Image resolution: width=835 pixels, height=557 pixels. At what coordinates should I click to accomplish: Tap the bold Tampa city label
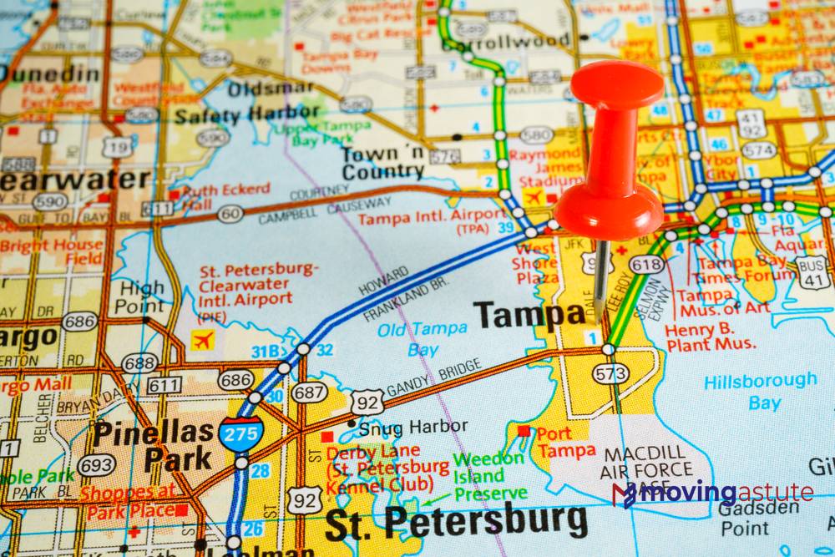(530, 315)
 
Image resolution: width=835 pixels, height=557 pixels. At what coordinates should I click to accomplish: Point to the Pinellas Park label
(154, 445)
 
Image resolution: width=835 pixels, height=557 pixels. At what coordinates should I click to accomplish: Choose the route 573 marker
(611, 373)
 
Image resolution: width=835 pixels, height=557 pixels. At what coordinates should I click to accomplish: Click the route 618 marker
(646, 265)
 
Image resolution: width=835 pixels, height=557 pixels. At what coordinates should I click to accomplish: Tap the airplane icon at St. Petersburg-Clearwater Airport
(203, 340)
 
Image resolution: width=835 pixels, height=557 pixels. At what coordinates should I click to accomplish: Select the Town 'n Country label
(383, 163)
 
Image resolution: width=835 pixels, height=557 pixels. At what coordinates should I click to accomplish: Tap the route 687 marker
(309, 392)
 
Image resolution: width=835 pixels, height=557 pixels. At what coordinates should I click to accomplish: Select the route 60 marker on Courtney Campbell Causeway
(230, 214)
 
